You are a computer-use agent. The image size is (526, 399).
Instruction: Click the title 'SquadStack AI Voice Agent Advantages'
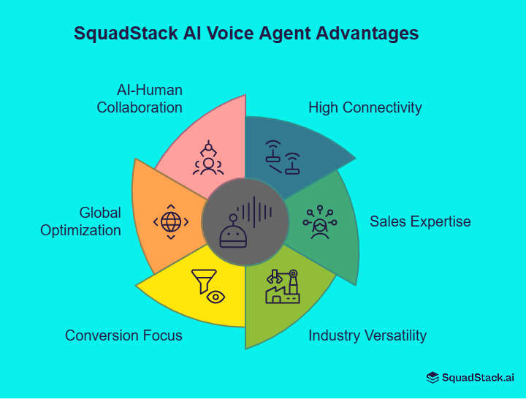pos(246,34)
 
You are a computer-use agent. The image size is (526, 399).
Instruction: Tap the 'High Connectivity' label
pos(365,107)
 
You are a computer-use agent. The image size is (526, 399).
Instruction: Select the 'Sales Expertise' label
pos(420,221)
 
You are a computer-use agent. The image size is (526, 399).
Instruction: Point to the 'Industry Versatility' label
pos(367,335)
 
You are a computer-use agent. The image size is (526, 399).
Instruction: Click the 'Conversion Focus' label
pos(123,335)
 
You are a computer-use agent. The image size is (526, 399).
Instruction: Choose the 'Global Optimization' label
pos(80,221)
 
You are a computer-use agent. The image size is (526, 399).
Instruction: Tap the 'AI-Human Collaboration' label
pos(140,99)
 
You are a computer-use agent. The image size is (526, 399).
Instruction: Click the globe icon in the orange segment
pos(170,221)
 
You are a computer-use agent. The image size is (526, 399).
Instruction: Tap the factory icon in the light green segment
pos(283,287)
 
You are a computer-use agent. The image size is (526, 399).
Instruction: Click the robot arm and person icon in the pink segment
pos(208,158)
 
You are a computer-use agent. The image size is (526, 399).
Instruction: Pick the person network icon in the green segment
pos(319,222)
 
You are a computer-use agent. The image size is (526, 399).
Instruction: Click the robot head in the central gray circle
pos(233,233)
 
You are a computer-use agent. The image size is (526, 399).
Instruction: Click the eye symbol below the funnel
pos(216,297)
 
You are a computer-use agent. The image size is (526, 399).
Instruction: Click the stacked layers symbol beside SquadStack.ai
pos(433,377)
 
